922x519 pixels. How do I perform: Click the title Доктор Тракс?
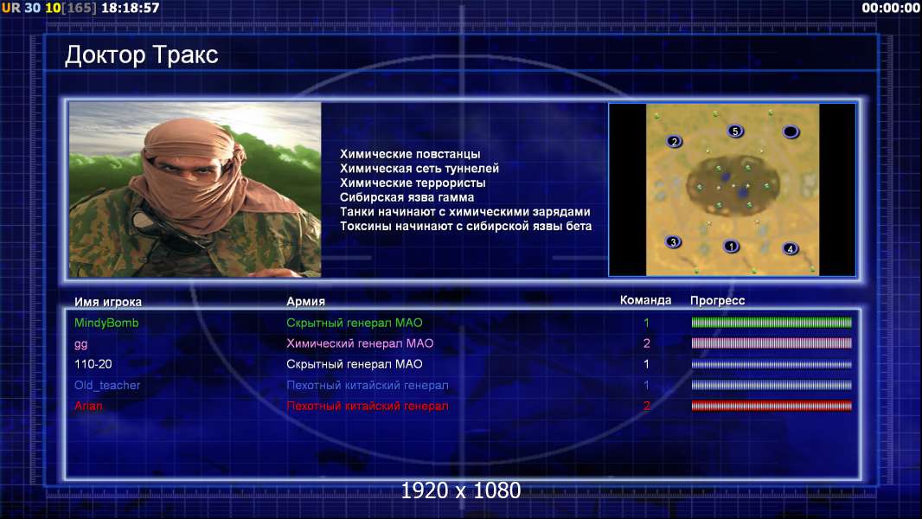141,54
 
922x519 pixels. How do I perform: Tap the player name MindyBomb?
106,323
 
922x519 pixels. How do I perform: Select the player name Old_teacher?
107,386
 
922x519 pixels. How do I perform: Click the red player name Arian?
88,406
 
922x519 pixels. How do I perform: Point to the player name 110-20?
93,364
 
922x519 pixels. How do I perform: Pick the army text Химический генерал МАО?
360,343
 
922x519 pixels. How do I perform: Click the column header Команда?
645,300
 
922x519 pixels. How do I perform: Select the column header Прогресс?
717,300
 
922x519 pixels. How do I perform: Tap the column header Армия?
306,301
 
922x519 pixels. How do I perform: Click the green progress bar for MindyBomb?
772,322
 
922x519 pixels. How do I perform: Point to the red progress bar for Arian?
772,406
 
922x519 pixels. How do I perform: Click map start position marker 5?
735,131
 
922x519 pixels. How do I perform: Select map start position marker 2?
675,141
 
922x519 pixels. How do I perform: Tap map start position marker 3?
673,241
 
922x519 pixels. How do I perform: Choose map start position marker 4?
791,248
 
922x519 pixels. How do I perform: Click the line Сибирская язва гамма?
407,197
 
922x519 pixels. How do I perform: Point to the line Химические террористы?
413,183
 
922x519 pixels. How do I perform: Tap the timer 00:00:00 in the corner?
891,8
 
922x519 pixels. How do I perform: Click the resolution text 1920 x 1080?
461,490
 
